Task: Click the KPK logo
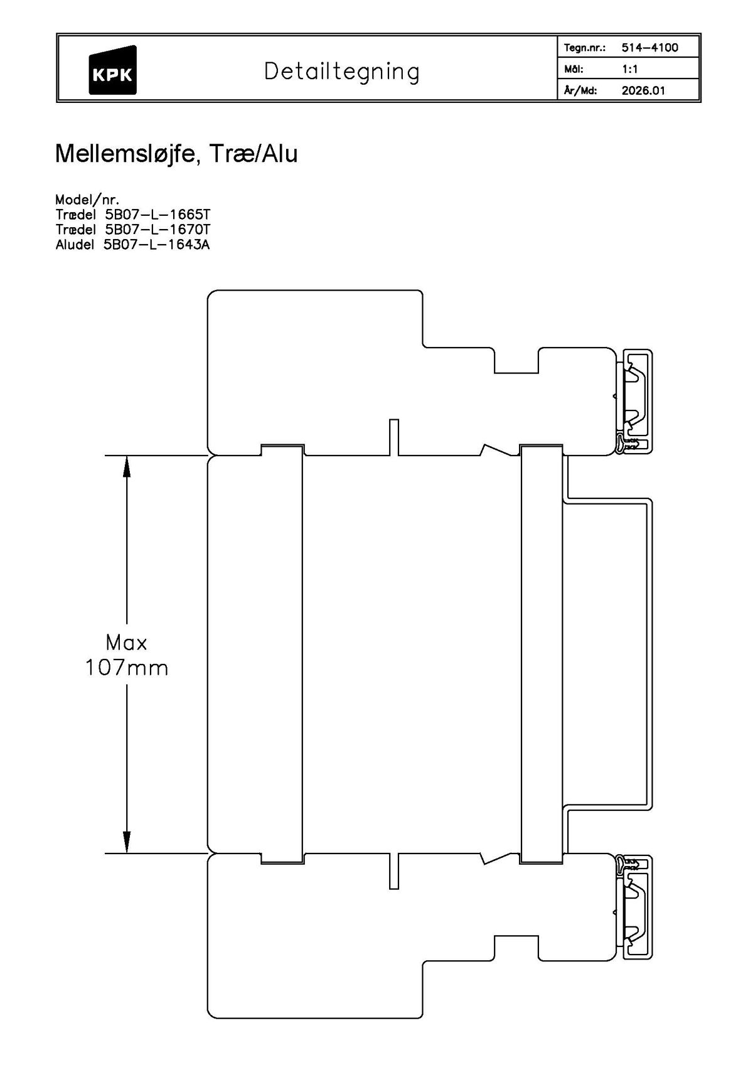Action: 112,70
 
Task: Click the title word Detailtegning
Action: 341,72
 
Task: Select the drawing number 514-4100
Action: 649,48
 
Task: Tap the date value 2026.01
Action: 643,90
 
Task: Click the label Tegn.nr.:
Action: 584,48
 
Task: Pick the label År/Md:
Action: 580,90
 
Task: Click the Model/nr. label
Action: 87,200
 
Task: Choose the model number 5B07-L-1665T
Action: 158,215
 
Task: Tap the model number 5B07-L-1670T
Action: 158,230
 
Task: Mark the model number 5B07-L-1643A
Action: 156,245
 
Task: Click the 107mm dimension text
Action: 127,668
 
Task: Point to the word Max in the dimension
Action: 127,643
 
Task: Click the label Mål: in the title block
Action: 574,69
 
